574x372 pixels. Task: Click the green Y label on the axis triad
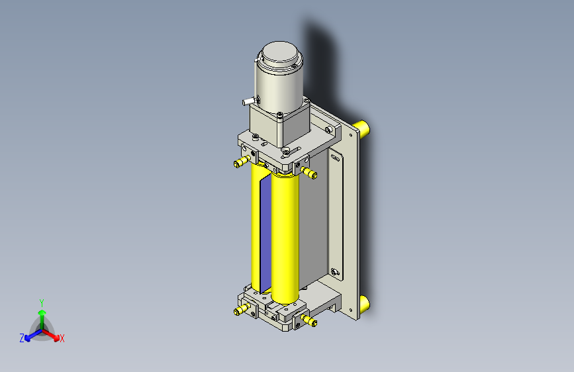[41, 301]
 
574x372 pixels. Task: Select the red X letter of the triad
[62, 339]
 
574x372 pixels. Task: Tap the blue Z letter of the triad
[22, 338]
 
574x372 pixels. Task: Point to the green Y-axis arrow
[42, 313]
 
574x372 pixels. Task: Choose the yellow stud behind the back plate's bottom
[363, 304]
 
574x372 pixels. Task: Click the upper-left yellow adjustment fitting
[240, 163]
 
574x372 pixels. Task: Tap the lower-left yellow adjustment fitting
[240, 310]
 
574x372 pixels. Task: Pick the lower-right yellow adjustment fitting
[309, 322]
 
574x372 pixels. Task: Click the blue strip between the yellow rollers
[265, 232]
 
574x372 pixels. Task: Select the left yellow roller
[256, 225]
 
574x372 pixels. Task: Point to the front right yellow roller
[286, 238]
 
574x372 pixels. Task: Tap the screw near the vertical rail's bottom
[334, 271]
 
